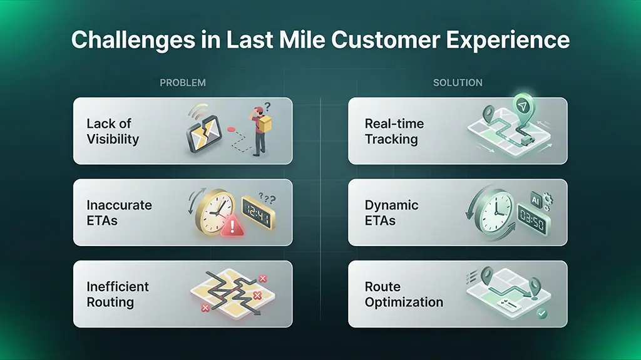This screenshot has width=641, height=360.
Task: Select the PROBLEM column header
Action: tap(182, 83)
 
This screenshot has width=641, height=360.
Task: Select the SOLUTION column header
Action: tap(458, 83)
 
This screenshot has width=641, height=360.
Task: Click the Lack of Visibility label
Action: tap(113, 131)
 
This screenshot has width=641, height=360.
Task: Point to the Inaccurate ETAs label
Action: tap(119, 212)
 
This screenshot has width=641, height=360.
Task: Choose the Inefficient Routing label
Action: tap(118, 294)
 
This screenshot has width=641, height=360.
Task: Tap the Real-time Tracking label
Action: tap(394, 131)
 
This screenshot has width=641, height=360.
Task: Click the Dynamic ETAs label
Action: tap(392, 212)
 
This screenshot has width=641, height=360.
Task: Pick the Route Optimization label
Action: tap(404, 294)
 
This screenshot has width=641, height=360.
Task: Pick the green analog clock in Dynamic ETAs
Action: tap(490, 210)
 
